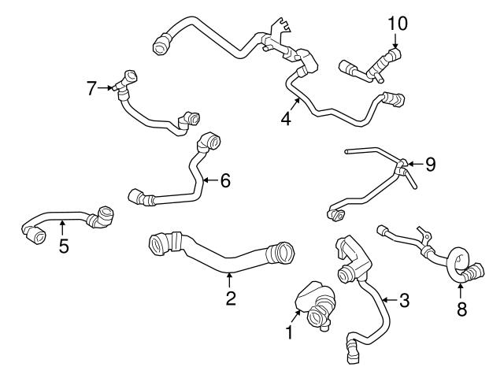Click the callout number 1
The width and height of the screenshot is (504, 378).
coord(289,333)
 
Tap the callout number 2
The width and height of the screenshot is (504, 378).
coord(230,298)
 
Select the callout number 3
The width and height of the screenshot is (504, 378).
coord(403,299)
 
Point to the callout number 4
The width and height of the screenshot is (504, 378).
coord(286,120)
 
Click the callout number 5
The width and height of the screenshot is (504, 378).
coord(64,246)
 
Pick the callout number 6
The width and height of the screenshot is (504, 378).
coord(225,180)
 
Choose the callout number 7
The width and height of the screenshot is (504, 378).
coord(92,87)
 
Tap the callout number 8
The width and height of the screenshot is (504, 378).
coord(461,309)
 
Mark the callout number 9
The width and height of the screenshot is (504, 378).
coord(430,165)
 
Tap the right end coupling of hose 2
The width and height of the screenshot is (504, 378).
coord(280,254)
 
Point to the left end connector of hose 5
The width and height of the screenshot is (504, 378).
coord(33,234)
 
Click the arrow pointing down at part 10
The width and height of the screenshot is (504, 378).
coord(396,39)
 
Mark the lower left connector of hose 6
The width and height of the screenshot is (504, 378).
coord(138,195)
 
